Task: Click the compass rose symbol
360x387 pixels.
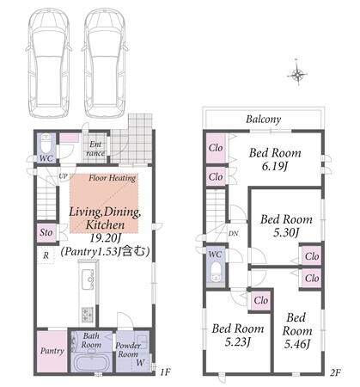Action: (x=297, y=73)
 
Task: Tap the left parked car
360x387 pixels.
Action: (x=49, y=63)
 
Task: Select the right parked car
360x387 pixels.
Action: (x=104, y=63)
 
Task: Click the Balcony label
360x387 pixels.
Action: (x=263, y=120)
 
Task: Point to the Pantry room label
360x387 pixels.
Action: (x=52, y=351)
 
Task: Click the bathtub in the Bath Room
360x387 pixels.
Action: (x=91, y=363)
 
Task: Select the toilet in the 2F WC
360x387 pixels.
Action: (x=216, y=273)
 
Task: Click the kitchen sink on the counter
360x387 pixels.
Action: (x=88, y=279)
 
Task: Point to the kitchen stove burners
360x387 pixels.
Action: (x=88, y=314)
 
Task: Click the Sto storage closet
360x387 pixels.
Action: (x=46, y=232)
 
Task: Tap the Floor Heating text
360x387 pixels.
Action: (x=112, y=178)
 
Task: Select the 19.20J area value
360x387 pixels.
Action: (x=106, y=237)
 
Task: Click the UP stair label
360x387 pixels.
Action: (x=63, y=176)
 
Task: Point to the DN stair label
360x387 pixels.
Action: (x=234, y=233)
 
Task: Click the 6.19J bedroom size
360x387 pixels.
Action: (x=274, y=166)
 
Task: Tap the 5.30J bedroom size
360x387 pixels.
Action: (x=286, y=232)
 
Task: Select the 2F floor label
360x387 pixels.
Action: (x=335, y=372)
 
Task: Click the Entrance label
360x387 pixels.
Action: (x=95, y=149)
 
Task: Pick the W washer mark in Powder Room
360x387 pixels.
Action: (x=140, y=362)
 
